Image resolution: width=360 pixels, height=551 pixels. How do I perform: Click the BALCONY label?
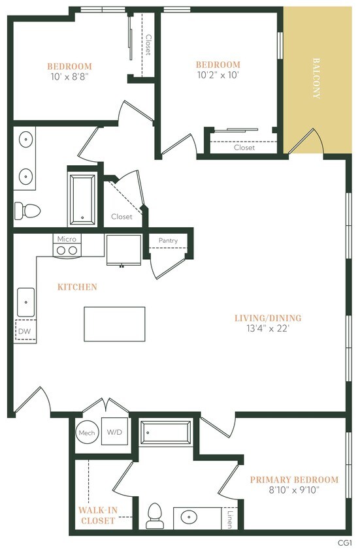(316, 78)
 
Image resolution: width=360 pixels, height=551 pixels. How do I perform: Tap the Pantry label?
(168, 241)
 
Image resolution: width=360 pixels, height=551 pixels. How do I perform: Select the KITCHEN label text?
(77, 287)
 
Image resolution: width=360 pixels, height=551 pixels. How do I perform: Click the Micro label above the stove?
(67, 239)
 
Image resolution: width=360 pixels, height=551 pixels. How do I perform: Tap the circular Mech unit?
(87, 432)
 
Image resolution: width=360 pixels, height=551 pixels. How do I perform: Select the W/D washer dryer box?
(114, 432)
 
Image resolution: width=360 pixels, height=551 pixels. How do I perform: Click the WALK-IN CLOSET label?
(98, 515)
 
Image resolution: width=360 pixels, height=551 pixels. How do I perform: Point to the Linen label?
(229, 518)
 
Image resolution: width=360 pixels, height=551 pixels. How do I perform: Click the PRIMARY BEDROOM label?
(294, 480)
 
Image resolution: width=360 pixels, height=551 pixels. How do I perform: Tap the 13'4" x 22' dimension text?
(268, 329)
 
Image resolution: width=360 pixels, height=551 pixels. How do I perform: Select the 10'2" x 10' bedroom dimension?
(218, 75)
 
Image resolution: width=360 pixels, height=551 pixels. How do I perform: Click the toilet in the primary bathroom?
(155, 516)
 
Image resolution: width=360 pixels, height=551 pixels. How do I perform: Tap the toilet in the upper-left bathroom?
(27, 210)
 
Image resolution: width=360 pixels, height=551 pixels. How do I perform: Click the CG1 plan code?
(344, 543)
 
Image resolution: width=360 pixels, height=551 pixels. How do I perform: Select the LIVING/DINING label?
(268, 318)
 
